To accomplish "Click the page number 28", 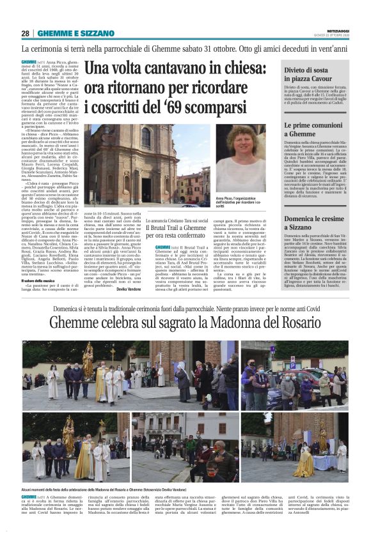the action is pyautogui.click(x=26, y=33).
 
